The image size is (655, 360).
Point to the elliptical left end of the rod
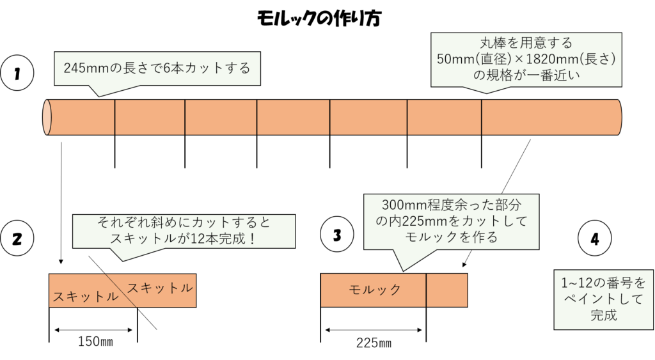[47, 117]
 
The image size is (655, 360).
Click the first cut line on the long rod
[115, 117]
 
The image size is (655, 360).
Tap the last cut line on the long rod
[481, 117]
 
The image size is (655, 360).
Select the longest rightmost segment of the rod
[550, 117]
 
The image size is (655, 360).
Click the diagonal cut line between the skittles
[122, 291]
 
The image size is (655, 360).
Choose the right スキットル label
[160, 288]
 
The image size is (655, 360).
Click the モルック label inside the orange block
[375, 290]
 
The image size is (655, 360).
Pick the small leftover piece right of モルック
[446, 290]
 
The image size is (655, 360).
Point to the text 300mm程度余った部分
[450, 206]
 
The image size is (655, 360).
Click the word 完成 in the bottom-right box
[603, 315]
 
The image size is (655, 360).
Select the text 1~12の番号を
[603, 282]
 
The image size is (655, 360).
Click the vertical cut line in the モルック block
[426, 290]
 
